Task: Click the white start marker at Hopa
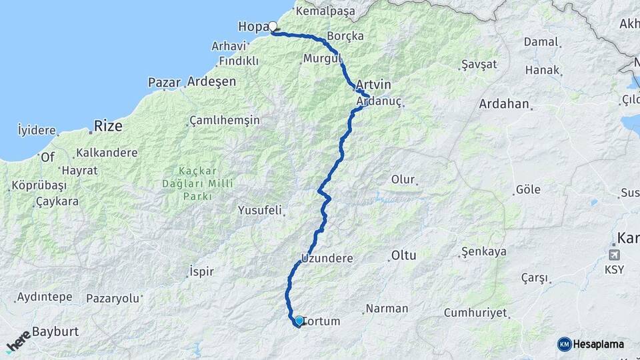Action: [272, 27]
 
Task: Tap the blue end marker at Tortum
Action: [299, 321]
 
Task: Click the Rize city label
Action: [108, 125]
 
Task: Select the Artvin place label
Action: [373, 85]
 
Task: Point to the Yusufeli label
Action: [260, 210]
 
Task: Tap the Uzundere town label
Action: [327, 258]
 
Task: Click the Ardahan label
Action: [504, 104]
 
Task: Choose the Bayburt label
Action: [55, 331]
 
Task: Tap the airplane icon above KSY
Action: [613, 255]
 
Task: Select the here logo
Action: [19, 341]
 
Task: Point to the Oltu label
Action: [403, 255]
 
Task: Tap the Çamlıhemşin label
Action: [225, 121]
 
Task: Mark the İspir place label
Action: [201, 272]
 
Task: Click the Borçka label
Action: [346, 36]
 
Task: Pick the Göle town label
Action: [528, 190]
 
